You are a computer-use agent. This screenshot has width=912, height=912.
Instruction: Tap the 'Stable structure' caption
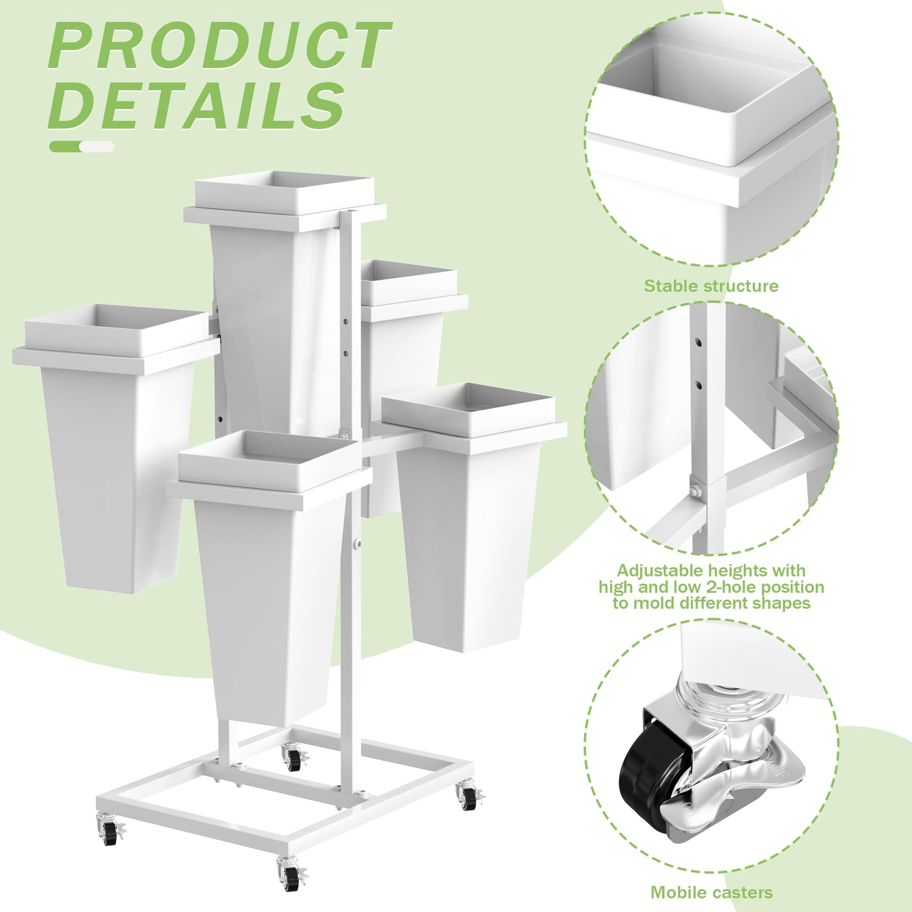[x=711, y=286]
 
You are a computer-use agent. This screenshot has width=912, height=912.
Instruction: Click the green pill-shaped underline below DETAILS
[x=82, y=146]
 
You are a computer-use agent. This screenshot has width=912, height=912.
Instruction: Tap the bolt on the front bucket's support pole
[x=358, y=544]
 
